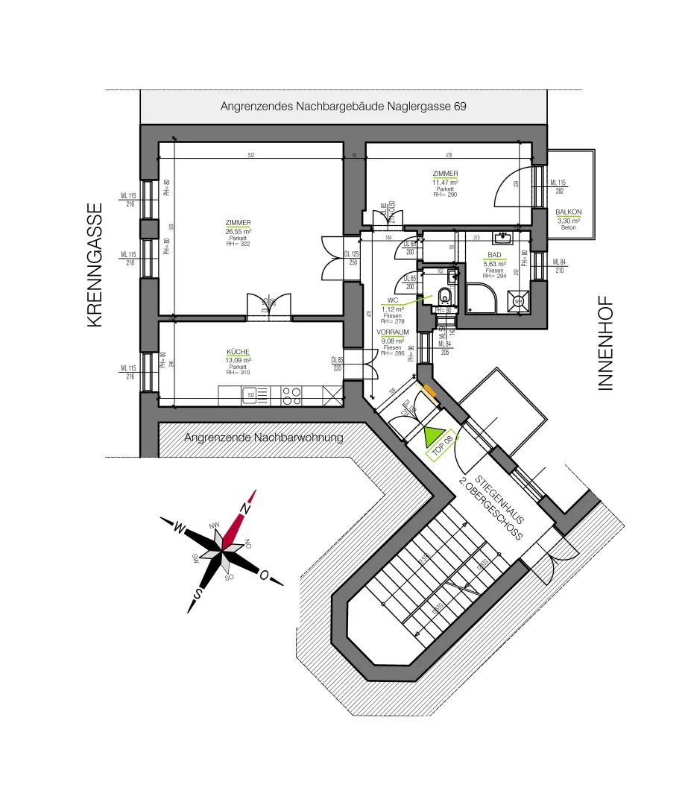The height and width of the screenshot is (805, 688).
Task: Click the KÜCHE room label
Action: point(239,352)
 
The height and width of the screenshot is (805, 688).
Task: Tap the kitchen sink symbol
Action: point(249,395)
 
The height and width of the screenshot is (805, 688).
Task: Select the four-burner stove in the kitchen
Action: point(291,395)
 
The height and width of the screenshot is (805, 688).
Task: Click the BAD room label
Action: point(494,255)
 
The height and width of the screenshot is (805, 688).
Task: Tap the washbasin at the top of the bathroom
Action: point(505,239)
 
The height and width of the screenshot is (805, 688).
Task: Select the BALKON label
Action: point(568,212)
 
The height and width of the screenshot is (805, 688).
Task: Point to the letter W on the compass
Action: point(179,528)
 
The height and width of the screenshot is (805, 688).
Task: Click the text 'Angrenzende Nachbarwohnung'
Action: point(264,438)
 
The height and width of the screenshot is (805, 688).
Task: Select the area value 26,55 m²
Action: point(239,231)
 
